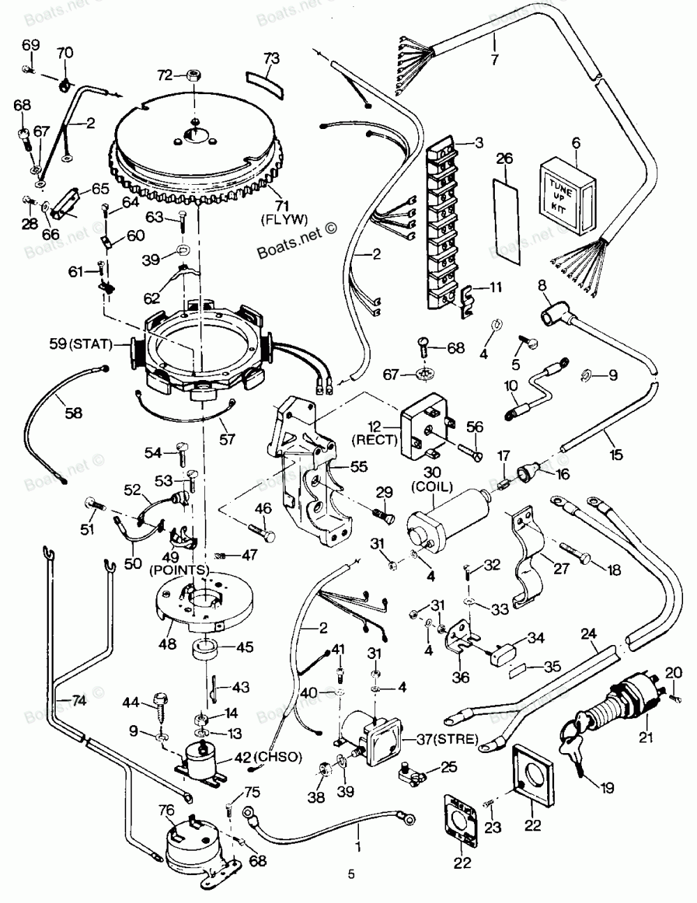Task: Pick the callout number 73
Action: point(271,58)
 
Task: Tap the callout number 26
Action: point(504,159)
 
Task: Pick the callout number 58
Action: point(72,413)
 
